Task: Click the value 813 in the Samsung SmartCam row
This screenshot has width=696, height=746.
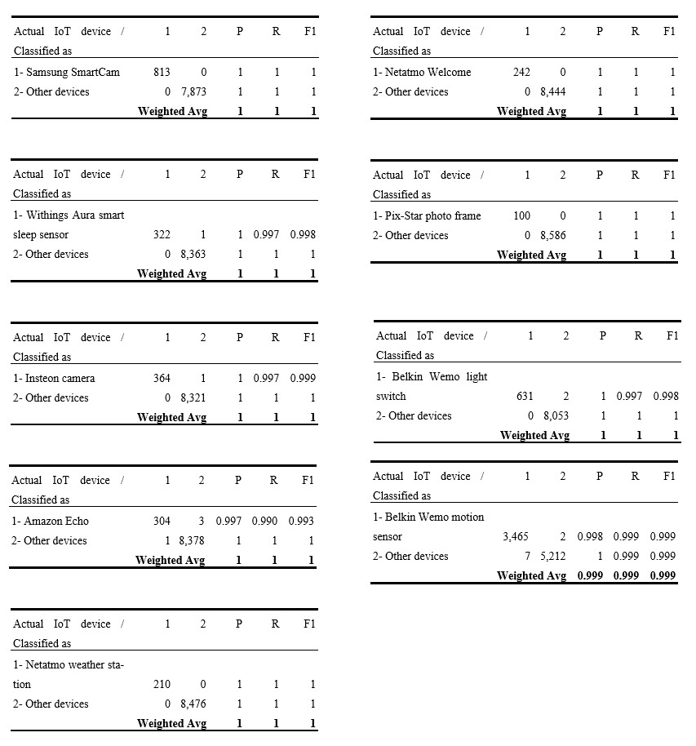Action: coord(162,72)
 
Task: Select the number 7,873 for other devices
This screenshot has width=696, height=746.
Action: coord(193,91)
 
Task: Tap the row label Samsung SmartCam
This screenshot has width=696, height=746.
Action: coord(66,72)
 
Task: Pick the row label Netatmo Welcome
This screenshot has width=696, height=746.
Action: coord(422,72)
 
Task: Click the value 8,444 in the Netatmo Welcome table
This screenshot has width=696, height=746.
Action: coord(552,91)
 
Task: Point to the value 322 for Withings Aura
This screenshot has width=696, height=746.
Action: coord(162,234)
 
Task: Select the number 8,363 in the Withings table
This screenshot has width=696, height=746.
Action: coord(193,254)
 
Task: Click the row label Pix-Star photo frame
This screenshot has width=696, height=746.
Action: coord(427,215)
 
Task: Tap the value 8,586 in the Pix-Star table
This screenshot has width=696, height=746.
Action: coord(552,235)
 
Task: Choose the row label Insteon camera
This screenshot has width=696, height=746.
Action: coord(54,378)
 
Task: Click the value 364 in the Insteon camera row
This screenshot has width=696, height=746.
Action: coord(162,378)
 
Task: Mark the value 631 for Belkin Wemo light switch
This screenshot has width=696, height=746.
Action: coord(525,396)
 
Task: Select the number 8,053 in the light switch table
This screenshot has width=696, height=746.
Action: coord(555,415)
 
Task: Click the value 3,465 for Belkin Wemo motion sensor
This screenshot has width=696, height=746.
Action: coord(515,536)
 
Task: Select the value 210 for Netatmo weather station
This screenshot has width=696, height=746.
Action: coord(162,684)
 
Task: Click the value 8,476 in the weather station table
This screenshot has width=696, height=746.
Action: coord(193,704)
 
